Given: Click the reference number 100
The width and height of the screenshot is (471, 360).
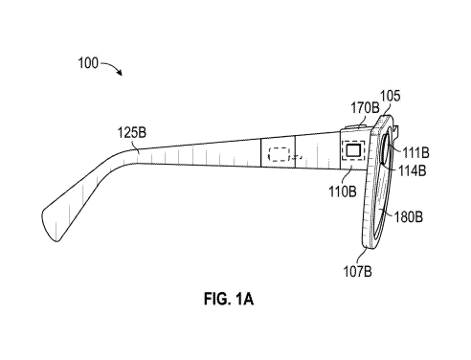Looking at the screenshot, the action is pos(88,63).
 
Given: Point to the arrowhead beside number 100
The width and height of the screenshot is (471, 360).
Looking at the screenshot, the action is pos(120,73).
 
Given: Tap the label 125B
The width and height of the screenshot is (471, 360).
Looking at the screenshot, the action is pos(132,132).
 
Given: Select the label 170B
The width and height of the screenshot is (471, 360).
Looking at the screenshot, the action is pos(365,108).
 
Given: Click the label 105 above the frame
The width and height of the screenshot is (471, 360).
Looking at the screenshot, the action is pos(390,96).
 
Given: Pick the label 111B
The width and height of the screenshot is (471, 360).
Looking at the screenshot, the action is pos(415,153).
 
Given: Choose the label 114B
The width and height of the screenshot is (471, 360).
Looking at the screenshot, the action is pos(413,171).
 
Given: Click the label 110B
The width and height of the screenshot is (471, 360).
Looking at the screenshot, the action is pos(343,191).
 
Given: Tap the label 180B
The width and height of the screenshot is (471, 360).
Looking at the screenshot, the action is pos(409,217).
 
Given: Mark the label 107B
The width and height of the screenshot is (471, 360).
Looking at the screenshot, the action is pos(357,271).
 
